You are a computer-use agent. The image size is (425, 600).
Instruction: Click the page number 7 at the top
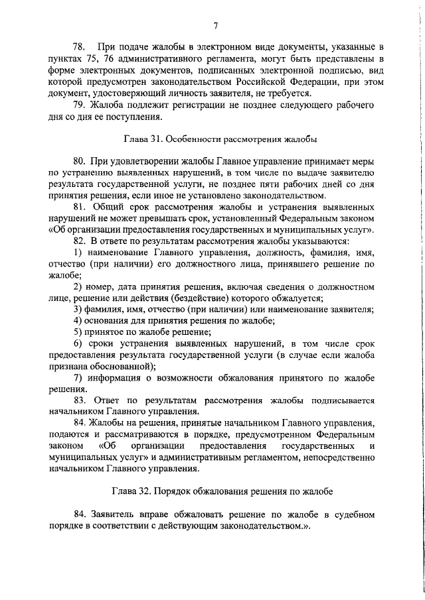[x=216, y=26]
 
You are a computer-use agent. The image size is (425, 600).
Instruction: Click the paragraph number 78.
[x=79, y=47]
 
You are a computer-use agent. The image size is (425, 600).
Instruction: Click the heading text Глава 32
[x=133, y=491]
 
